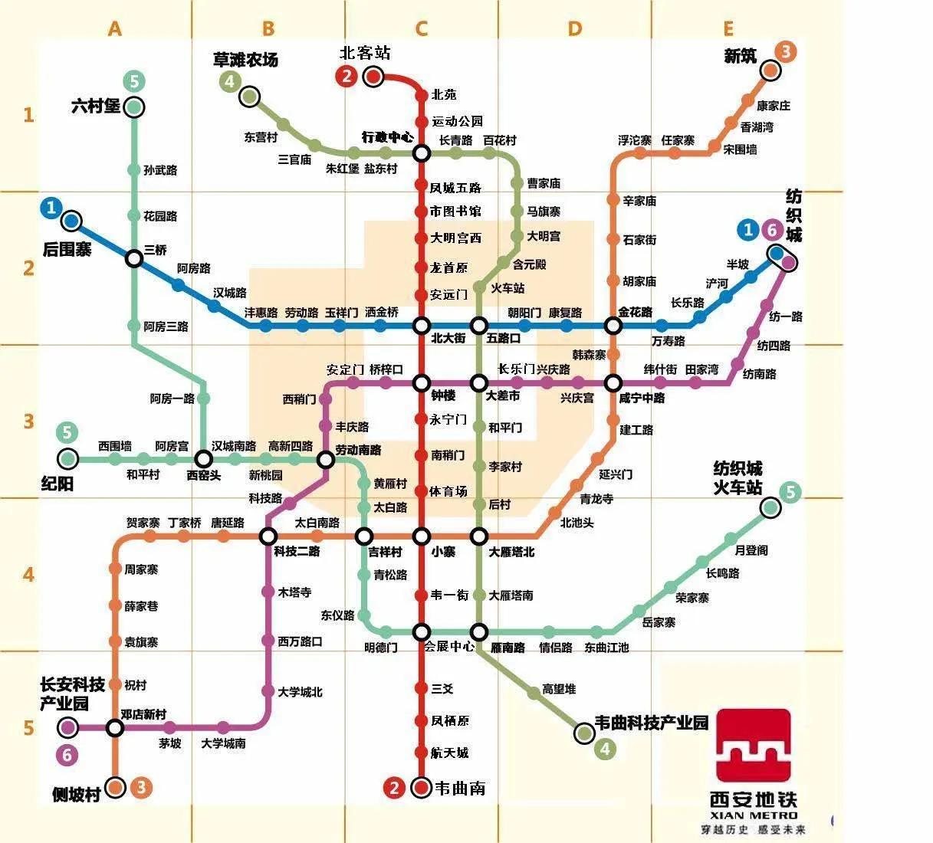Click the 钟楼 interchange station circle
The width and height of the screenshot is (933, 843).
click(422, 382)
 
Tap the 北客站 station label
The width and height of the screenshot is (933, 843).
click(365, 53)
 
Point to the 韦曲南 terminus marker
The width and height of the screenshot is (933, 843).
click(421, 787)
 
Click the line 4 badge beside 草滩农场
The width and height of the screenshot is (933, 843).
click(229, 82)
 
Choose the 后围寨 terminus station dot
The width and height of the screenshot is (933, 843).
click(72, 221)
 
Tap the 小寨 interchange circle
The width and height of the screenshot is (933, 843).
click(422, 536)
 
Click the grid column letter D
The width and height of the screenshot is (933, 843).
click(575, 29)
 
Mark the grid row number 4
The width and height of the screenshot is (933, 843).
click(28, 574)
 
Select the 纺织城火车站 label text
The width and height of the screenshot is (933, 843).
click(738, 477)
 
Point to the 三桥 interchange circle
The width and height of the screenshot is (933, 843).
click(134, 258)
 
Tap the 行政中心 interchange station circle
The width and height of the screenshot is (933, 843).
click(422, 153)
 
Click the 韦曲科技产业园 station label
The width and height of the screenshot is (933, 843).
click(652, 723)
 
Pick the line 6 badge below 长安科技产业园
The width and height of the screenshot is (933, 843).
click(67, 755)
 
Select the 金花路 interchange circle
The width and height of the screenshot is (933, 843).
click(613, 326)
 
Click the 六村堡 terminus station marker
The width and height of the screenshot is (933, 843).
click(134, 107)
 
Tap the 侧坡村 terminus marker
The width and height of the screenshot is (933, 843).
click(116, 787)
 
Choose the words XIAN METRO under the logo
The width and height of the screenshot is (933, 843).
click(754, 815)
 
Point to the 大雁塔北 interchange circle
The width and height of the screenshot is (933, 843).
click(479, 536)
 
